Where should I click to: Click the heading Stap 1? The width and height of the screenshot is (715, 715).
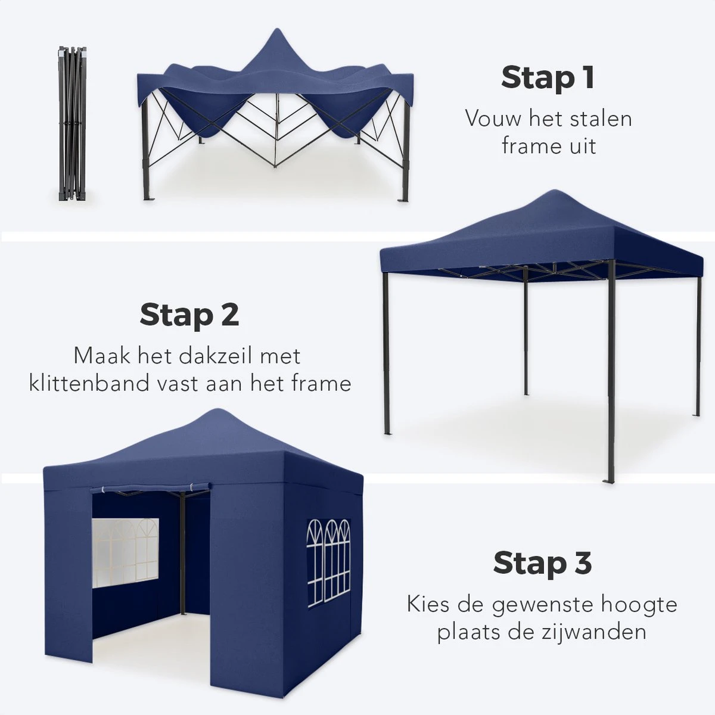point(548,77)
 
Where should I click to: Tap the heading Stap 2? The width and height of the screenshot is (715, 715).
point(189,315)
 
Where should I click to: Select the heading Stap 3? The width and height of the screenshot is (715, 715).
point(542,563)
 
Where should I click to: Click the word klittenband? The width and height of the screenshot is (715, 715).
point(89,383)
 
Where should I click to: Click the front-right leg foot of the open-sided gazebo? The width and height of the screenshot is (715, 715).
point(610,480)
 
